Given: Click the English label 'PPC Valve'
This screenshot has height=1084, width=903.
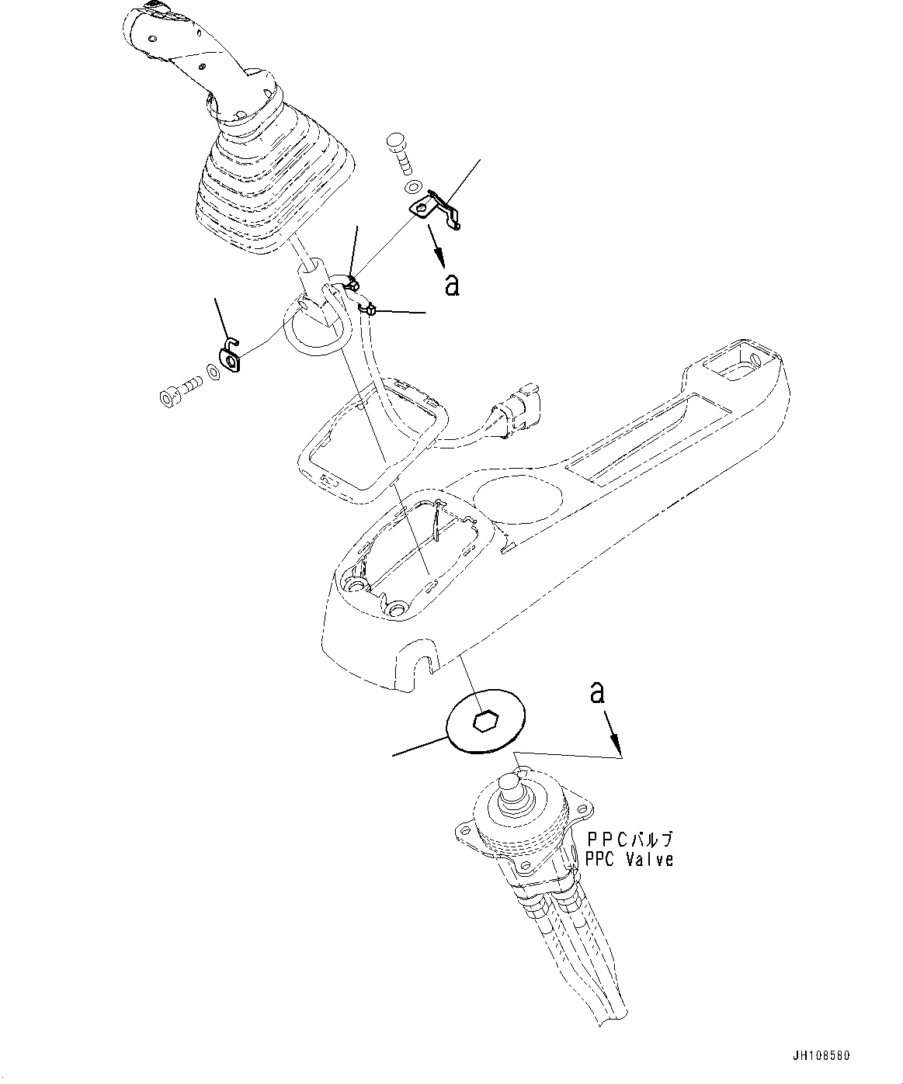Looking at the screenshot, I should pyautogui.click(x=630, y=859).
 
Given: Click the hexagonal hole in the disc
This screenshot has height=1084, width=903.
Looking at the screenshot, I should pyautogui.click(x=485, y=722).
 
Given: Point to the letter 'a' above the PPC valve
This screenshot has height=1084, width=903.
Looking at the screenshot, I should pyautogui.click(x=597, y=691).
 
